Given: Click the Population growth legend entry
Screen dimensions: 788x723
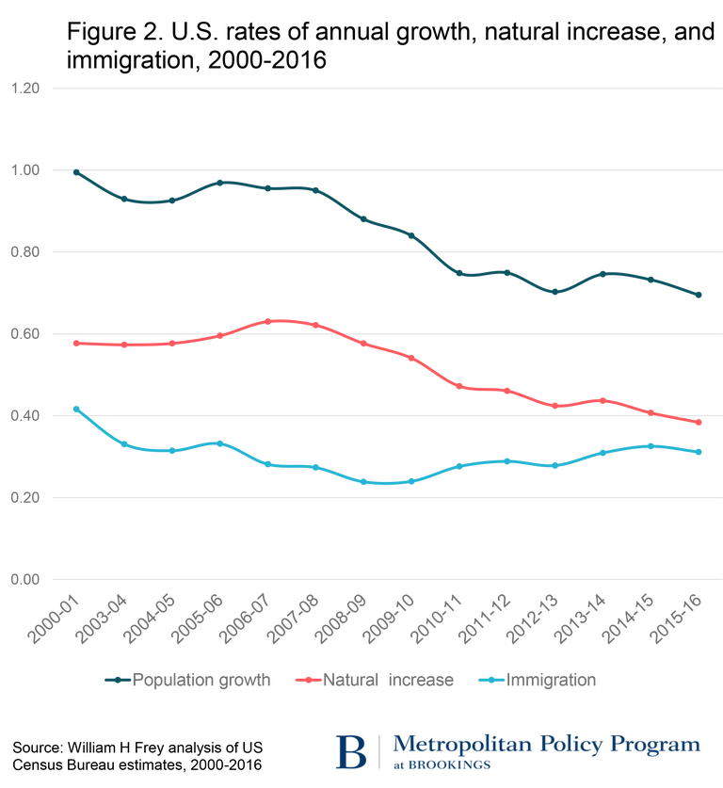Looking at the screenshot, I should tap(200, 679).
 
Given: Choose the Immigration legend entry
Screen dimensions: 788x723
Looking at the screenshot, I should tap(549, 679).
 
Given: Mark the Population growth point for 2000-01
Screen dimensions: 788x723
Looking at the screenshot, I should tap(76, 172).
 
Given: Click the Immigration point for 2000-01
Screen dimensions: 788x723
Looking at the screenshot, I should tap(76, 410).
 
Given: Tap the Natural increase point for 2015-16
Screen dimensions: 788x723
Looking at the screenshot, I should tap(699, 422).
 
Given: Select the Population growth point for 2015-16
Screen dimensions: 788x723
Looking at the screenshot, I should tap(699, 294).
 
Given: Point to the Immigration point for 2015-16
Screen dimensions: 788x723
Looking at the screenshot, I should tap(699, 452).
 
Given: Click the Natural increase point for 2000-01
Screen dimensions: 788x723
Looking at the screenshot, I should tap(76, 344).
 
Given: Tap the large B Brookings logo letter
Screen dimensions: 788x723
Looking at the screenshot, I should tap(352, 750).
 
